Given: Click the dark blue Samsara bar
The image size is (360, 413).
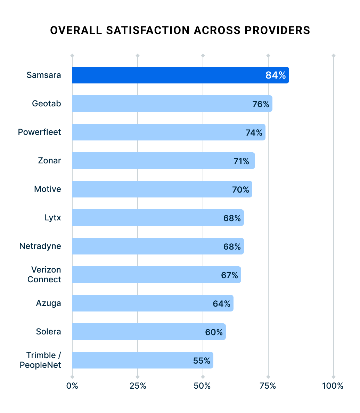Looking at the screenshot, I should pos(167,75).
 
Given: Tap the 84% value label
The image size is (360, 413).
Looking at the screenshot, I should pos(276,75).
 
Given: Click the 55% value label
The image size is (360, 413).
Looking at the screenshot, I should pos(202,361).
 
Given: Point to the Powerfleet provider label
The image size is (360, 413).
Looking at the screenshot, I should pos(39,132).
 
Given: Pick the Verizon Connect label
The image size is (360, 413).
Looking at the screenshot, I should pos(44,275).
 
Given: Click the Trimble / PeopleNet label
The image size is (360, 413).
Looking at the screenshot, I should pos(40,360).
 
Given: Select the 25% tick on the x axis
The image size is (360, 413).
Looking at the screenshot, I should pos(138,386).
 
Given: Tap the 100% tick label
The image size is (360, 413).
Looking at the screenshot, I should pos(333,386).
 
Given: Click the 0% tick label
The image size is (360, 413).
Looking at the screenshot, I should pos(72,386).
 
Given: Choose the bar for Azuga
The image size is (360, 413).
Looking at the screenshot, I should pos(139,303).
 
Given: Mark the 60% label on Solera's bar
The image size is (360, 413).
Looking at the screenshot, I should pos(214,332).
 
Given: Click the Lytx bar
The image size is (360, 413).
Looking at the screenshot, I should pos(146,218).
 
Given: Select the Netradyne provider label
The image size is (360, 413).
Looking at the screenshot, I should pos(40,246).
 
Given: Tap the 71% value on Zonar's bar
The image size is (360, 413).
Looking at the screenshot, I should pos(241,161).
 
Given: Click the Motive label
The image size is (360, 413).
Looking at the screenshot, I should pos(47,189).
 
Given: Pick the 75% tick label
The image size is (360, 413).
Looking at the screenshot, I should pos(268,386).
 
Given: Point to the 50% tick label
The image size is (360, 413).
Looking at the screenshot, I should pos(203,386).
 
